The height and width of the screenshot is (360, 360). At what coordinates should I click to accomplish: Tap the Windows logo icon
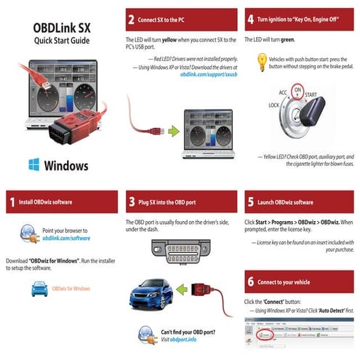33,164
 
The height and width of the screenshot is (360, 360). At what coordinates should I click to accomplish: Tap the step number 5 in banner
251,201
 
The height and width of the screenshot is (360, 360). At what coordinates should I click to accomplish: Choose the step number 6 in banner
251,281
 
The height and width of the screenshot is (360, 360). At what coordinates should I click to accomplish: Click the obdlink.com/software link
66,238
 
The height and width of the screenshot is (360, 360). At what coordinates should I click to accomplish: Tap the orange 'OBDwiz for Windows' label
71,289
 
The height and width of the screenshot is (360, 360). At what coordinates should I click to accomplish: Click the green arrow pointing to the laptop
172,132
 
